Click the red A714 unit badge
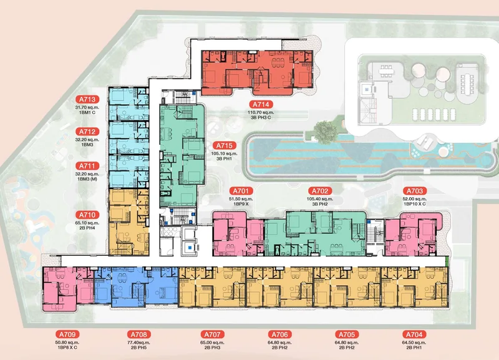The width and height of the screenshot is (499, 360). pos(261,104)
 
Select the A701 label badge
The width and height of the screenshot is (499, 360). pos(241,191)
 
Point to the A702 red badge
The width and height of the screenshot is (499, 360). pos(320,191)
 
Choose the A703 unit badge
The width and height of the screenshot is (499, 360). pos(415,191)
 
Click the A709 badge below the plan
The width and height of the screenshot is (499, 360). pos(67,334)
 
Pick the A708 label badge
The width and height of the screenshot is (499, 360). pos(139,334)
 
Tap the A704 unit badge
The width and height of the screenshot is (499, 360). pos(414,334)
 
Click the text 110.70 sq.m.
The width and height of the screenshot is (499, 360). pos(261,112)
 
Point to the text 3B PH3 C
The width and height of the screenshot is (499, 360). pos(261,117)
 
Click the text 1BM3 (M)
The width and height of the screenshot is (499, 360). pos(87,179)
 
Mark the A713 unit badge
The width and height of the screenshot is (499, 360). pos(87,99)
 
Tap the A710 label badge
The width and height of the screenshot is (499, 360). pos(87,215)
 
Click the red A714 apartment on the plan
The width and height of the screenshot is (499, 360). pos(257,72)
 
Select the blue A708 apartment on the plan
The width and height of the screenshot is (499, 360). pos(136,286)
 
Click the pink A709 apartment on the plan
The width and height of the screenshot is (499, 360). pos(68,289)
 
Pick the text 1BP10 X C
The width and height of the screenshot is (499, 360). pos(415,204)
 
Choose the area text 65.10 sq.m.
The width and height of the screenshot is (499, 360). pos(87,223)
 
